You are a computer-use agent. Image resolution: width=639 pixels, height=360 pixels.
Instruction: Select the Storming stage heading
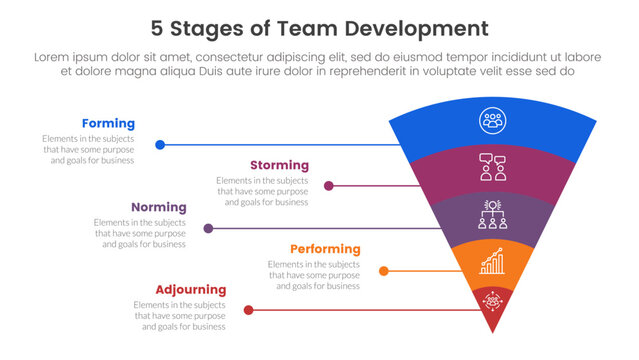tap(279, 165)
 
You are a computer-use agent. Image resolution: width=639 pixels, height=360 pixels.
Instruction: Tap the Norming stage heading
tap(158, 207)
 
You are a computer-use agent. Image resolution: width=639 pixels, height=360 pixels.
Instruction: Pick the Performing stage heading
tap(325, 249)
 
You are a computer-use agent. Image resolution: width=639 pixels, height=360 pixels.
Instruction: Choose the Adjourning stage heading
tap(191, 290)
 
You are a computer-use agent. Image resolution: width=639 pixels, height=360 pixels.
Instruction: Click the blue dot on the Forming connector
tap(160, 145)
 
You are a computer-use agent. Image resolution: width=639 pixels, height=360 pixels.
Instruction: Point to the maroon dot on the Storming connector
tap(330, 186)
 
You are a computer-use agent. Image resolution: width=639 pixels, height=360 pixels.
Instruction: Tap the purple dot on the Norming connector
tap(208, 228)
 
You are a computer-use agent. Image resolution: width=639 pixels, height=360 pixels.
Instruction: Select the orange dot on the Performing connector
tap(384, 270)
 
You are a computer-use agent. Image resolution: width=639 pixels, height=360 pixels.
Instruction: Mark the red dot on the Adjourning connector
tap(249, 310)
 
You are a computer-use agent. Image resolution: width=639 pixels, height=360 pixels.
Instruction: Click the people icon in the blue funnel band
tap(491, 119)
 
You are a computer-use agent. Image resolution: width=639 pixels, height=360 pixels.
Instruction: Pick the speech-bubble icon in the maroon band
tap(491, 166)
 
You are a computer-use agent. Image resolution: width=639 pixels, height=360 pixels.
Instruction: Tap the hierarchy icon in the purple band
tap(491, 214)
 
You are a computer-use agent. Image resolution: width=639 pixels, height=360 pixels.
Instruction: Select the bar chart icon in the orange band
tap(491, 262)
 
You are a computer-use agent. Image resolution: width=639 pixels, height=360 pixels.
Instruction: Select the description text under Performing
tap(314, 275)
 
